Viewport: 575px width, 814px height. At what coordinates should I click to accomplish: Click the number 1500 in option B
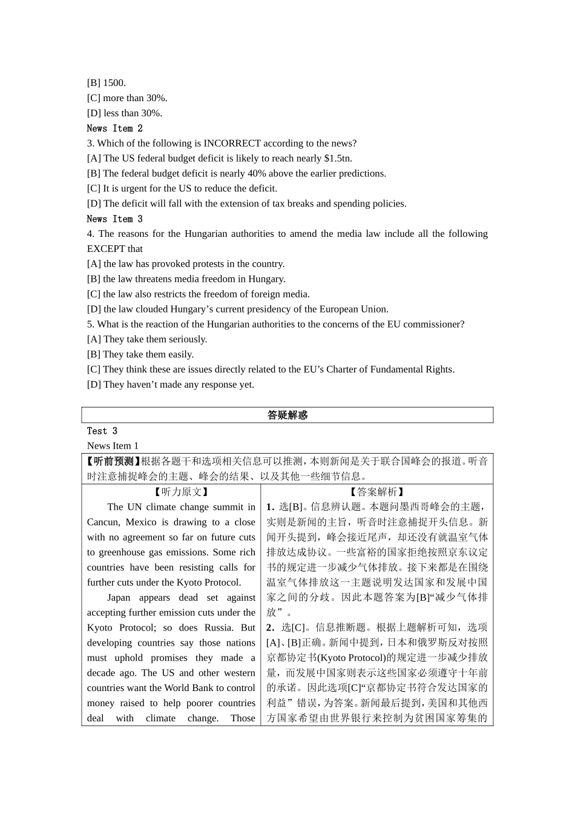(114, 83)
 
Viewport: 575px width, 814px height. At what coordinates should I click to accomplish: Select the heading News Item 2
(114, 128)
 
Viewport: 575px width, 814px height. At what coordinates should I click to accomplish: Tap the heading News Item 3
(114, 219)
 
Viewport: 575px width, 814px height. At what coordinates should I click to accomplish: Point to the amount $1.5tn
(338, 159)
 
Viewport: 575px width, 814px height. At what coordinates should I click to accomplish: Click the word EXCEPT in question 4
(105, 249)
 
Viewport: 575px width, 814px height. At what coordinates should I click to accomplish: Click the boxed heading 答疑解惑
(287, 415)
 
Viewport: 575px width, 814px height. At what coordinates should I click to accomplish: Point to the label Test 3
(102, 431)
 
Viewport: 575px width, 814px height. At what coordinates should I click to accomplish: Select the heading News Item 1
(113, 446)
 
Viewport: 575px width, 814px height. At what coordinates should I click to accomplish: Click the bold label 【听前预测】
(114, 462)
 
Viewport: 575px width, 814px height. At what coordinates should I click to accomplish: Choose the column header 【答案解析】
(376, 492)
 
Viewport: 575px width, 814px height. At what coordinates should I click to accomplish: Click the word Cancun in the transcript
(103, 522)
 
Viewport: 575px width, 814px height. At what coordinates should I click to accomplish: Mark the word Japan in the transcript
(119, 598)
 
